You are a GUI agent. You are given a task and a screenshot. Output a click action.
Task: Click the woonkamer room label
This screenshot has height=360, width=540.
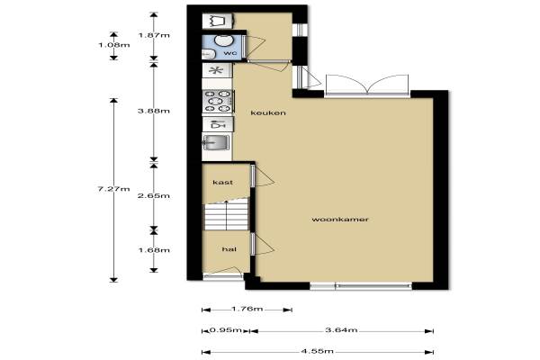tap(340, 220)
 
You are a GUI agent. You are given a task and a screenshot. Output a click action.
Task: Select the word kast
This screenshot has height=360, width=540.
tap(223, 182)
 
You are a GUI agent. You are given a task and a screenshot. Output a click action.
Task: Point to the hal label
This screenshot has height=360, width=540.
tap(229, 249)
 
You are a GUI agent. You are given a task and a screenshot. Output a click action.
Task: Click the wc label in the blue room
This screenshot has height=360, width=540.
tap(230, 53)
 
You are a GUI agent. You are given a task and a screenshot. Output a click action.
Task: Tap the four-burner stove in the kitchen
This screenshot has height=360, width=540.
tap(219, 102)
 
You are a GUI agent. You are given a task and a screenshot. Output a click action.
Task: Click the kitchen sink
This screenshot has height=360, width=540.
tap(216, 142)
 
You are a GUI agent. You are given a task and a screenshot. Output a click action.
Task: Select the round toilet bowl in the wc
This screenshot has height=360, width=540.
tap(222, 40)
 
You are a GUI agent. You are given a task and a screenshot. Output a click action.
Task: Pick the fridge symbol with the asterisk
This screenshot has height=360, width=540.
tap(217, 70)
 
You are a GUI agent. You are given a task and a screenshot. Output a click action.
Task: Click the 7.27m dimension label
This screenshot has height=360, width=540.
tap(113, 189)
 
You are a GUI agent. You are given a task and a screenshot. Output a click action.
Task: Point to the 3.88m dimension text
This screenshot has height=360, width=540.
tap(154, 111)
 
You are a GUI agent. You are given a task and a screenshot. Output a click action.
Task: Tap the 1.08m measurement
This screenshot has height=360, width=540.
tap(113, 45)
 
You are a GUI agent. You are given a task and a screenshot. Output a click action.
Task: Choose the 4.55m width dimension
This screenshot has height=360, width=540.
tap(317, 351)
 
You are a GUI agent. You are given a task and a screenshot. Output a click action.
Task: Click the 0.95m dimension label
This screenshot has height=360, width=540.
tap(226, 330)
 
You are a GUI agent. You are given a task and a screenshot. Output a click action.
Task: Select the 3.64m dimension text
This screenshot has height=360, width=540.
tap(341, 330)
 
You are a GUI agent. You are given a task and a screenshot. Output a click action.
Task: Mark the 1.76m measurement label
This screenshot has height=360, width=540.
tap(247, 309)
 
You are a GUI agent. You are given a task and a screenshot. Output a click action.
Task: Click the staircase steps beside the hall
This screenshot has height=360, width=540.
tap(226, 217)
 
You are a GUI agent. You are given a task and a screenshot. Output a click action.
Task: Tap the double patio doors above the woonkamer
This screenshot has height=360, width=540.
tap(367, 85)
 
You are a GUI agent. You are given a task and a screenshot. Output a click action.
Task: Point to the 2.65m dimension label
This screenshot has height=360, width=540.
tap(154, 195)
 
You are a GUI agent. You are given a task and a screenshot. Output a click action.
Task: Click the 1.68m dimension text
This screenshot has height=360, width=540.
tap(154, 250)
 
